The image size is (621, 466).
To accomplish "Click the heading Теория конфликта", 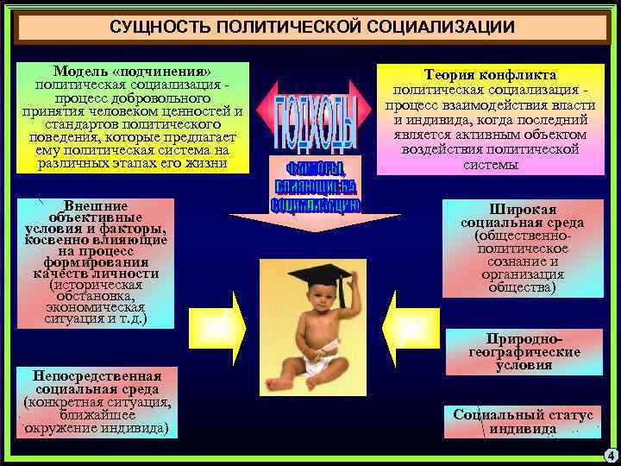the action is coord(489,75).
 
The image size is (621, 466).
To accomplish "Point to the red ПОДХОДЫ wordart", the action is coord(315,121).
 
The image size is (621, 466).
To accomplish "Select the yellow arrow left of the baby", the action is coord(226,325).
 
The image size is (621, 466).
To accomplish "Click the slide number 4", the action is coord(610,455).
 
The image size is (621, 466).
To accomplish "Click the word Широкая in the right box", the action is coord(523,210).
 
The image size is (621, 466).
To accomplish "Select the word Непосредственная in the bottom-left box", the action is coord(97,376).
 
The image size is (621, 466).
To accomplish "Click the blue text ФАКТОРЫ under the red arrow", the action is coord(315,167).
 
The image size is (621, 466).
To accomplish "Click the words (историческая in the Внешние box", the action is coord(96,284).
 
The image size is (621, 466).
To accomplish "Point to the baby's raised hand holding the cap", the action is coord(342,287).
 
